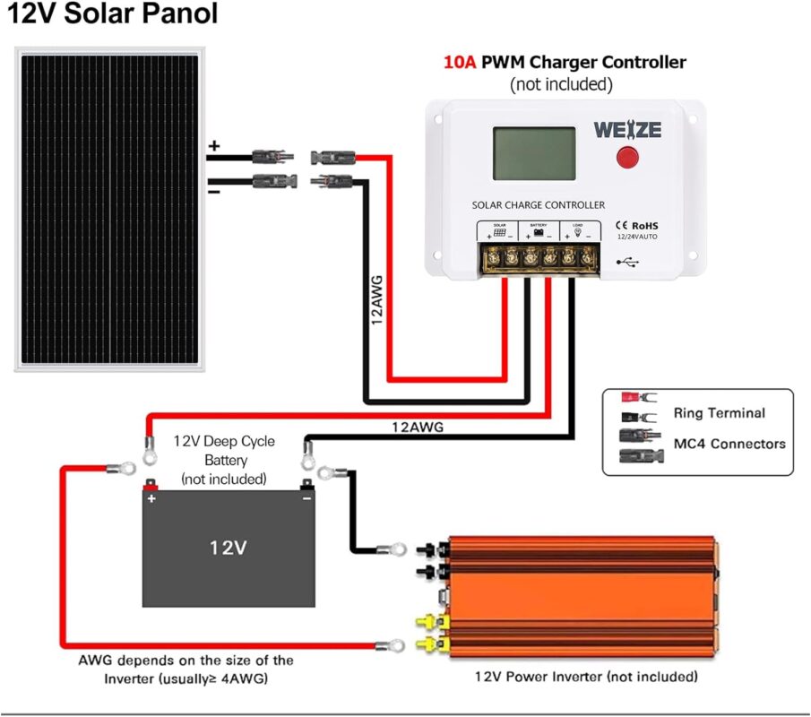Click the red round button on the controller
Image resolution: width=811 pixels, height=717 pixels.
(627, 159)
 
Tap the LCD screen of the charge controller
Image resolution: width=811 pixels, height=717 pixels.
(534, 153)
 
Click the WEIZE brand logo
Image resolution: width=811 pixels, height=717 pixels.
(627, 129)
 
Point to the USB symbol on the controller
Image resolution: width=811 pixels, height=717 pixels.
(627, 262)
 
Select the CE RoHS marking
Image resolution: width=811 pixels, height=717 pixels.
(637, 225)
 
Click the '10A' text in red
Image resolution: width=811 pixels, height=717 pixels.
(461, 63)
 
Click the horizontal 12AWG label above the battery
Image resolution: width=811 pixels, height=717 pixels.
(418, 428)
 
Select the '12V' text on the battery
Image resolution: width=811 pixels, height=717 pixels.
(228, 547)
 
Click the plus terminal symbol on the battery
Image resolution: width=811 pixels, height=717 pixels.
(152, 498)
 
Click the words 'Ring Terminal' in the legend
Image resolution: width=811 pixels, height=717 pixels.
(719, 413)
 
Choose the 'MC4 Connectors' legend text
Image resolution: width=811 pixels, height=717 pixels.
(729, 444)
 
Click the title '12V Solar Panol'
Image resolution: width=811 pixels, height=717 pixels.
(113, 16)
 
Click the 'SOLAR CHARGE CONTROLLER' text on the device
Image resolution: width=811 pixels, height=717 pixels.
(538, 205)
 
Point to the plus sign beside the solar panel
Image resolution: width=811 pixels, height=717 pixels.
(213, 145)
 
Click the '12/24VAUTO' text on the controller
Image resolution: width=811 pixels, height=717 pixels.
(638, 238)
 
